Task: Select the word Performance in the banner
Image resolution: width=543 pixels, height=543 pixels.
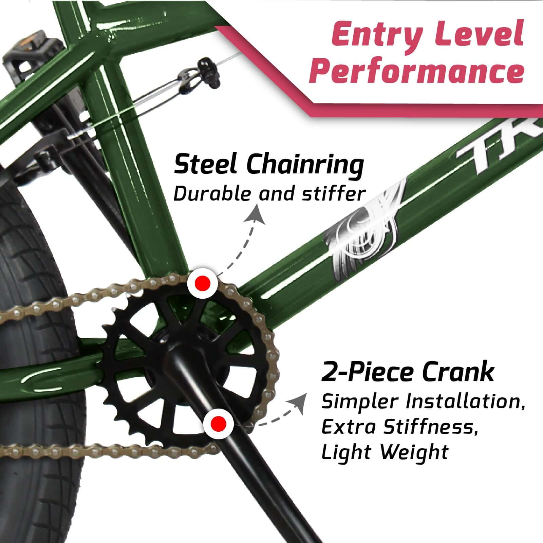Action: coord(417,70)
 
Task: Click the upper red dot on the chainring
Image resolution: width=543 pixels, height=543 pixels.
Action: coord(203,282)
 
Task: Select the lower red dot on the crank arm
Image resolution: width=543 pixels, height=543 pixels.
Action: coord(218,423)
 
